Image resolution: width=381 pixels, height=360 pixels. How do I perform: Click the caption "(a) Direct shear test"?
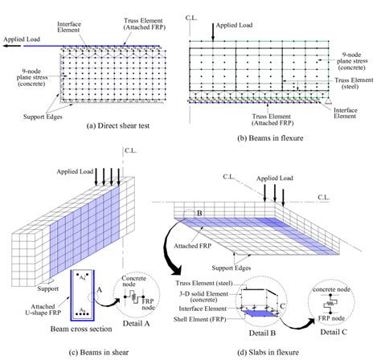coord(118,125)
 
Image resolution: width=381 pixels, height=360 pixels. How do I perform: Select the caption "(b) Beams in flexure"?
coord(270,138)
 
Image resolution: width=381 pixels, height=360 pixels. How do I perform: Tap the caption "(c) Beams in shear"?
coord(99,352)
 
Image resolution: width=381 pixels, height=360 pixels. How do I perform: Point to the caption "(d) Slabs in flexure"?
coord(268,352)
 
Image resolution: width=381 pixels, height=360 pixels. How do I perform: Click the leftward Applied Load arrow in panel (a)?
coord(12,46)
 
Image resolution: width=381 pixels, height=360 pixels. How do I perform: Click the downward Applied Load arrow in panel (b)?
coord(213,32)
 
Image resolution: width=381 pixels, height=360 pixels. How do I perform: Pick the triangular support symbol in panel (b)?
coord(328,101)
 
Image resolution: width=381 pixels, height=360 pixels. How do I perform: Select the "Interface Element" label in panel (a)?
coord(69,27)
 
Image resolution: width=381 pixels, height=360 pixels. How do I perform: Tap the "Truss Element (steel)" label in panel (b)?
coord(354,84)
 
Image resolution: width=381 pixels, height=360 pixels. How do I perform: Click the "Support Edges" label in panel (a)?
coord(43,117)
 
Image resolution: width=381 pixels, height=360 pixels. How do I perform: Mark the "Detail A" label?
coord(136,323)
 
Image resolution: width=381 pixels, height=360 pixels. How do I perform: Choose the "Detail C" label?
coord(334,332)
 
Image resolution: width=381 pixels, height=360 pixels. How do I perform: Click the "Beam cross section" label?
coord(81,329)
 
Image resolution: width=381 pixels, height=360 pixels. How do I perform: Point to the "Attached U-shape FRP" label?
coord(43,309)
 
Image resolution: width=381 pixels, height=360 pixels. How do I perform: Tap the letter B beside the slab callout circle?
coord(199,213)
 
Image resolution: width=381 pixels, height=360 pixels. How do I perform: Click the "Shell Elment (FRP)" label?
coord(200,319)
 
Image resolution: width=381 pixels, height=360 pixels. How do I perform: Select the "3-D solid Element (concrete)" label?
coord(203,297)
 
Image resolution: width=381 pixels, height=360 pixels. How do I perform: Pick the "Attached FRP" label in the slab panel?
coord(193,246)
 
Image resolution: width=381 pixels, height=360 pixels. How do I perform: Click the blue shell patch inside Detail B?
coord(259,313)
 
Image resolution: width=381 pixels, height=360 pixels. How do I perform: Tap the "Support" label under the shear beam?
coord(47,288)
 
